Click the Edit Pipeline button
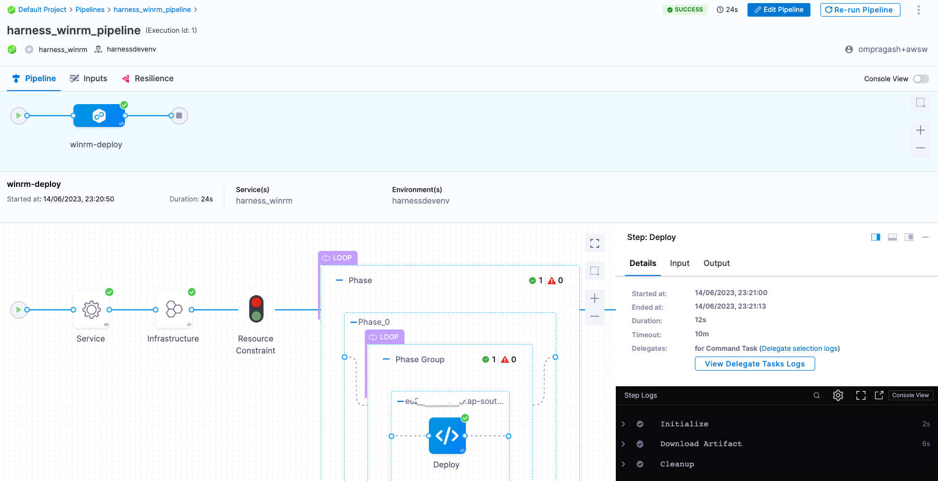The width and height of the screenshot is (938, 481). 778,10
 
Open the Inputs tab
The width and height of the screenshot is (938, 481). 88,79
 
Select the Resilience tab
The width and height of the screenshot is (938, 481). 148,79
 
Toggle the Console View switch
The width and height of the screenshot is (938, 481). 920,79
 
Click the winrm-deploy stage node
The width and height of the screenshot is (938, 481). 99,116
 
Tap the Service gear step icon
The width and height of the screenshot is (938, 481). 92,310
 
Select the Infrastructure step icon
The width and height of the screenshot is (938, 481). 174,310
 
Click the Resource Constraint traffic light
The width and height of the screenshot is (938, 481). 256,309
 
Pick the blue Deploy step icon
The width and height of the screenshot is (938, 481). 447,436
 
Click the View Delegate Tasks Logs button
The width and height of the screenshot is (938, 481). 754,364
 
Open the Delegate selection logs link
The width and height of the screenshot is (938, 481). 800,349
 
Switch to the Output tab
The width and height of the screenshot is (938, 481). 716,263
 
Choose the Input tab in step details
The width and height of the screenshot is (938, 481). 679,263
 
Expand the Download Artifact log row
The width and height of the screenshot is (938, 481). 623,444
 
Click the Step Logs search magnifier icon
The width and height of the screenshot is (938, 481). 817,396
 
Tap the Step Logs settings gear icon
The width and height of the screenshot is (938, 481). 838,396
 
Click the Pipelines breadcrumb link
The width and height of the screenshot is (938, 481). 90,10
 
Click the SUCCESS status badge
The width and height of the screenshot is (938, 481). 685,10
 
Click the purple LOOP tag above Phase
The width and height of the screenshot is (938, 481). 337,258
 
